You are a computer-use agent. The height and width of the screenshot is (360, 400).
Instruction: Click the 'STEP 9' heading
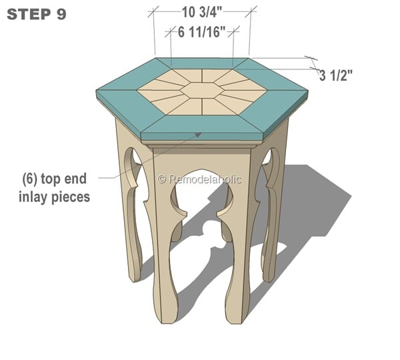[37, 14]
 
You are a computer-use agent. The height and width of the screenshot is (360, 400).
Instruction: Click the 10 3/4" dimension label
[201, 11]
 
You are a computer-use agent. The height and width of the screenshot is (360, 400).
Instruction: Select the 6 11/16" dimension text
[202, 31]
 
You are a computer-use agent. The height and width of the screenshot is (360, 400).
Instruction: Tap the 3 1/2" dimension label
[335, 76]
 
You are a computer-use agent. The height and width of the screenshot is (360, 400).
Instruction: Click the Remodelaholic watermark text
[200, 179]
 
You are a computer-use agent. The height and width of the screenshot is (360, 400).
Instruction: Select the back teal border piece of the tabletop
[201, 64]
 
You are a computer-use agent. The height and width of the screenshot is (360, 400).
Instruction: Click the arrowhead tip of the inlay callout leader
[198, 133]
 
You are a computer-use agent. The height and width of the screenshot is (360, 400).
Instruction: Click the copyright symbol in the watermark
[161, 179]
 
